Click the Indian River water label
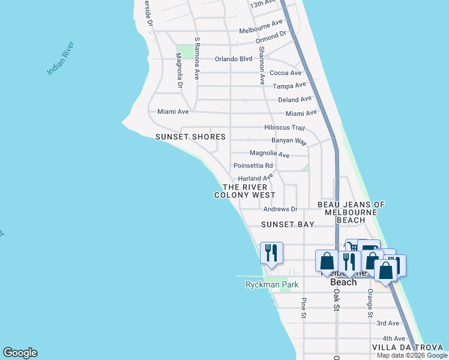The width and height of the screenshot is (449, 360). point(61,59)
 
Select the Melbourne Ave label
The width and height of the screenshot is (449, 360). point(261,31)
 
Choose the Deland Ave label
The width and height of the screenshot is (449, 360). point(295,99)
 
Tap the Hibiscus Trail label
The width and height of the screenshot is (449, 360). point(285,127)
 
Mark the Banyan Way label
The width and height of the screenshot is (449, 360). point(289,140)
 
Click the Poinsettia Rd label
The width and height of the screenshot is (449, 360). point(253,166)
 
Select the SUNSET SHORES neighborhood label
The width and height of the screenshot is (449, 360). point(190,137)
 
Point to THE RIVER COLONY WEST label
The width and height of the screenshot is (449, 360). point(245,191)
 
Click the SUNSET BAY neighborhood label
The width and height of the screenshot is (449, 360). point(288,224)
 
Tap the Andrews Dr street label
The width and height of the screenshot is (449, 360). point(280,209)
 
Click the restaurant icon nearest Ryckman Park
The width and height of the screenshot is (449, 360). point(271,252)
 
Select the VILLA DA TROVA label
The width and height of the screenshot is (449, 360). point(408,347)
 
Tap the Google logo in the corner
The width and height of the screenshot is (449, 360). point(20,353)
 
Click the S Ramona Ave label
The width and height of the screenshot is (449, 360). point(197,58)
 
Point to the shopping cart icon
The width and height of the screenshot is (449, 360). point(353,245)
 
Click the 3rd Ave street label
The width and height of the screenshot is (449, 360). point(384,323)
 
